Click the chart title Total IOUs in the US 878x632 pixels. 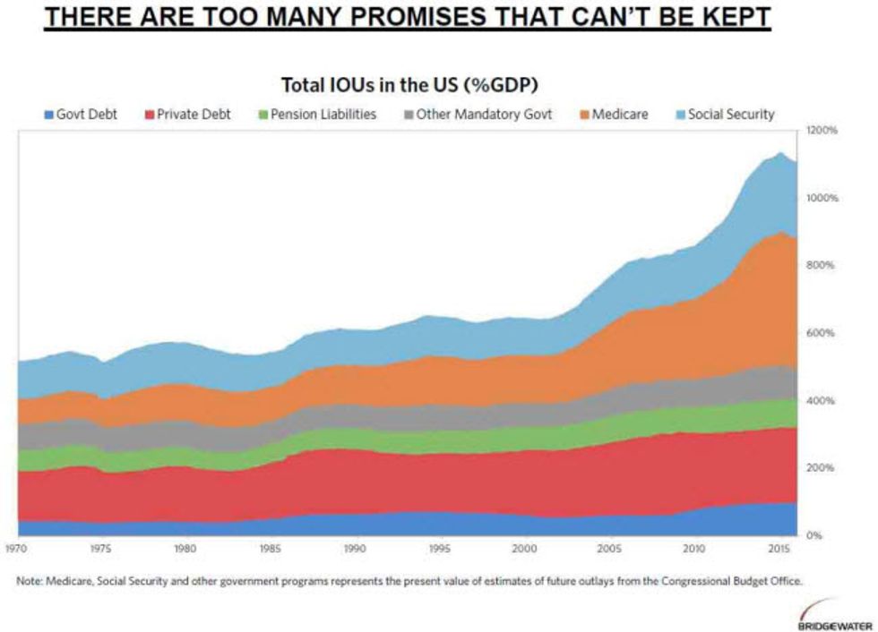(x=415, y=85)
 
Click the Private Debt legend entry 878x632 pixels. (x=187, y=115)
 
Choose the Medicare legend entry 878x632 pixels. (x=613, y=115)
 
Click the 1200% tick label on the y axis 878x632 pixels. (x=822, y=130)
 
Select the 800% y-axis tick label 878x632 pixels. (x=822, y=265)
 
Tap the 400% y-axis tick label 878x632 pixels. (x=822, y=400)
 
